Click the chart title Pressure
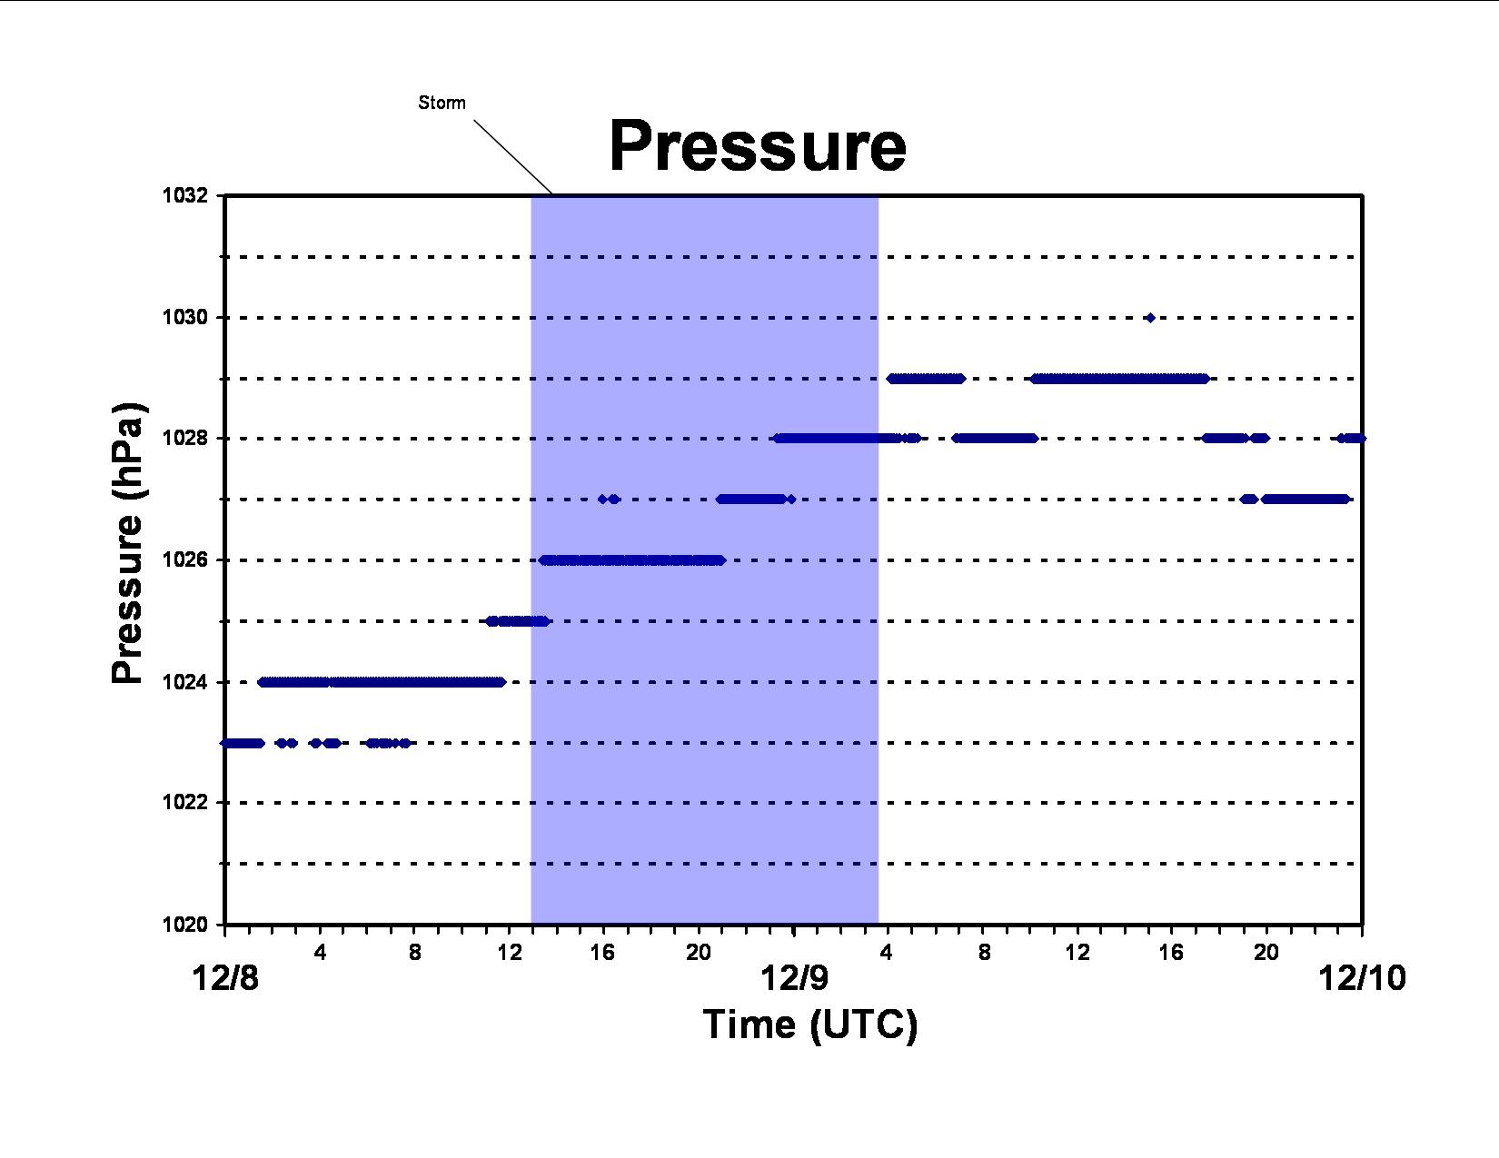(x=758, y=146)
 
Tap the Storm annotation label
(x=442, y=103)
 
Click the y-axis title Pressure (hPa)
(x=127, y=543)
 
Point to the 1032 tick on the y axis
(x=184, y=196)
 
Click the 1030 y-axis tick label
(x=184, y=317)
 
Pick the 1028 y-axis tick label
(x=184, y=438)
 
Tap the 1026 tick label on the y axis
(x=184, y=559)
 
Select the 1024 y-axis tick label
(x=184, y=682)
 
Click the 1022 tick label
(x=184, y=803)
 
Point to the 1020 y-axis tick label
(x=184, y=925)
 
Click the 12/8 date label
(x=225, y=979)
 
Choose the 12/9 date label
(x=794, y=979)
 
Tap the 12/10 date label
(x=1363, y=979)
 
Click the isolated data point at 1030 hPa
(x=1150, y=318)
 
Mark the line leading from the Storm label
(x=512, y=157)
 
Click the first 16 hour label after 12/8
(x=602, y=953)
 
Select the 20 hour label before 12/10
(x=1266, y=953)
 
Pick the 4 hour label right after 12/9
(x=887, y=953)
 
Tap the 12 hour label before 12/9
(x=509, y=953)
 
